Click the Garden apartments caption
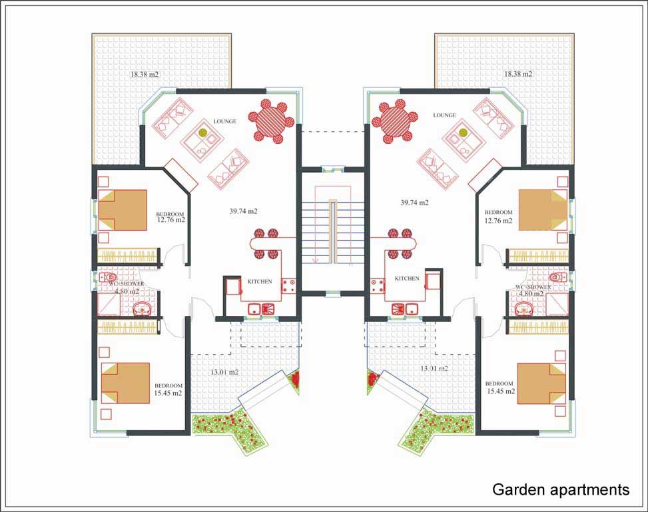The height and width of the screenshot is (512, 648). click(560, 490)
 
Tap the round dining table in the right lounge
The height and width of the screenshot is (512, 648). click(394, 121)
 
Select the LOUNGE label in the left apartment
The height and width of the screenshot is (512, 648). click(224, 122)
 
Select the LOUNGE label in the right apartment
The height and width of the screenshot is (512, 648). click(444, 115)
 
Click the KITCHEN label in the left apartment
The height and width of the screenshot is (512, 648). click(260, 282)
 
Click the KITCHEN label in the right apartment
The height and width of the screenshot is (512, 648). click(407, 279)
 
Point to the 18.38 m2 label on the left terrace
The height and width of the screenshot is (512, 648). click(145, 74)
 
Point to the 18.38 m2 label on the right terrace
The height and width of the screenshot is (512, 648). click(518, 74)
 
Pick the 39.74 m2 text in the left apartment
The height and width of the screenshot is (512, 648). click(243, 211)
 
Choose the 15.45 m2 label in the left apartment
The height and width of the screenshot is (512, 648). click(168, 393)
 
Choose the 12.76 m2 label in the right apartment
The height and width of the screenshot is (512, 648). click(499, 220)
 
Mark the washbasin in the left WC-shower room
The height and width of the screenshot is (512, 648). click(141, 308)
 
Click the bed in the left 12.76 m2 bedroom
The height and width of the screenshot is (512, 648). click(123, 210)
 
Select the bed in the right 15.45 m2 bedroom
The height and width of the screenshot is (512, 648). click(541, 383)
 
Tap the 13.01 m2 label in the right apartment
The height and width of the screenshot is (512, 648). click(434, 368)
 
